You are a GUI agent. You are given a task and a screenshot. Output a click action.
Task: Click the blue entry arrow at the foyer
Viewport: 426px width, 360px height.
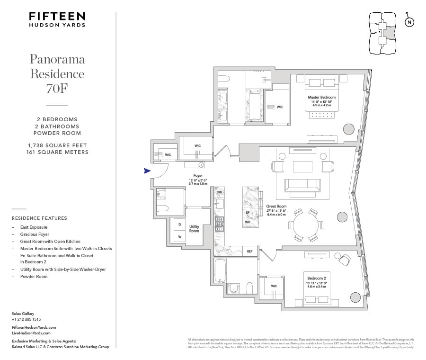pos(147,171)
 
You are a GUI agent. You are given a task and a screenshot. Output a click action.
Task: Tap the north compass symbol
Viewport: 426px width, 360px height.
pos(409,22)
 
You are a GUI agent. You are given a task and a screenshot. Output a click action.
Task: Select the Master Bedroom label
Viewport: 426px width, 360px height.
pos(321,97)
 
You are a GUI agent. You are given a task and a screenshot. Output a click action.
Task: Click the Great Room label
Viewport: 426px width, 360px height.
pos(276,206)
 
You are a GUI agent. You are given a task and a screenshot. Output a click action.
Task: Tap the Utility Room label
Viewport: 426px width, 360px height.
pos(194,229)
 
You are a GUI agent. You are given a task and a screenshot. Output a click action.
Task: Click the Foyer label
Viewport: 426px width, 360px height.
pos(198,176)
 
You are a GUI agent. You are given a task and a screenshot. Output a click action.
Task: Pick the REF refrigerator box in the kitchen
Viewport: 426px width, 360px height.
pos(249,252)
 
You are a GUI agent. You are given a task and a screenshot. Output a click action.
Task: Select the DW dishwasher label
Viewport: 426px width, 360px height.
pos(219,192)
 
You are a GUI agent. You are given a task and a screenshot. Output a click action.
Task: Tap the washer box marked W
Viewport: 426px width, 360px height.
pos(179,236)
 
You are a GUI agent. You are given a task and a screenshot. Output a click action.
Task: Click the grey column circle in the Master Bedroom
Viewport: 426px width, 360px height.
pos(348,129)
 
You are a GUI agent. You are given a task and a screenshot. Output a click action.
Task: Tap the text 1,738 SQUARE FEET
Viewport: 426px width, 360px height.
pos(57,145)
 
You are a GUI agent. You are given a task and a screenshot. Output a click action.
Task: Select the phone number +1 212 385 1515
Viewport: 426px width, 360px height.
pos(26,319)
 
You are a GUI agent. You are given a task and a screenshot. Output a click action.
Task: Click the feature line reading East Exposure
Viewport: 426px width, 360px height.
pos(34,227)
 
